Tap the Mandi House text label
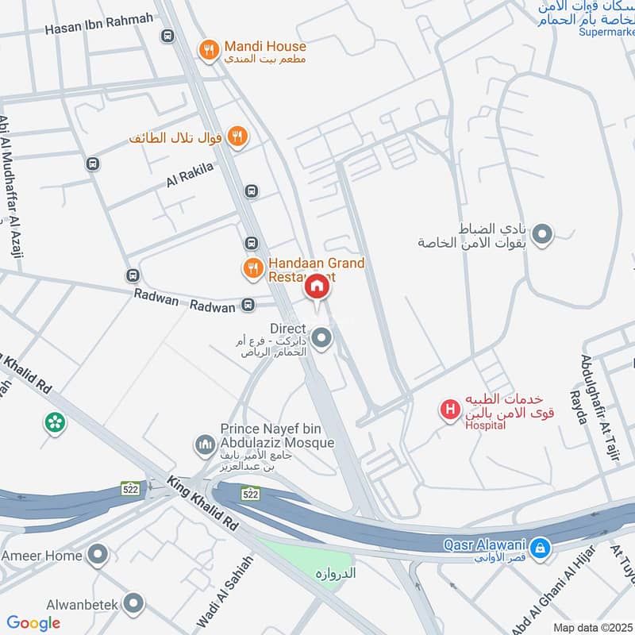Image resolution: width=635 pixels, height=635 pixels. point(264,47)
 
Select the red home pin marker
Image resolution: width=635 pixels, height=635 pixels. point(317,287)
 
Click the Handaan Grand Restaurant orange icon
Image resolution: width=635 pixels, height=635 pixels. point(253,268)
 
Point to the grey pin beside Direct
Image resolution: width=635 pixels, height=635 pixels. point(321,339)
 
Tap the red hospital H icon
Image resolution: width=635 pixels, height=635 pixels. point(450,410)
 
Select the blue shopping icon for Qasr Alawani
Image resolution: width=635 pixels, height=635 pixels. point(541,547)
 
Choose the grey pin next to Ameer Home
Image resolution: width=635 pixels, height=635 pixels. point(98,555)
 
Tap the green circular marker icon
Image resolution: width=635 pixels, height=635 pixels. point(55,421)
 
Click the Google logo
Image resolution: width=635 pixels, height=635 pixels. point(33,623)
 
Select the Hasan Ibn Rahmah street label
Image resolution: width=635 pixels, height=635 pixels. point(98,29)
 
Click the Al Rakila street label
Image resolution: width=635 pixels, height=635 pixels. point(190,175)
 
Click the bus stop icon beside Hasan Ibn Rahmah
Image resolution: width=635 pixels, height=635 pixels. point(167,36)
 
